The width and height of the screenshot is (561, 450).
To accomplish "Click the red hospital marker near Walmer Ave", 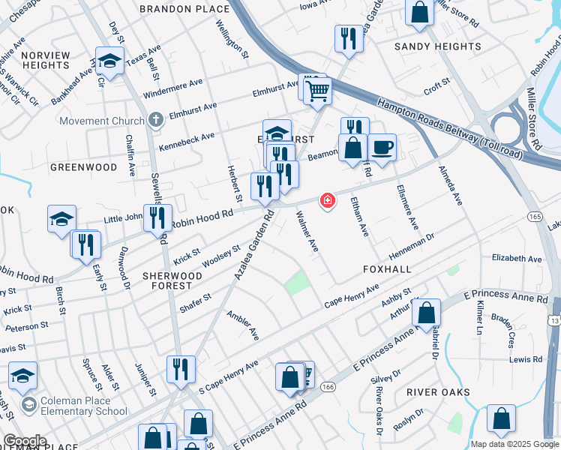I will tap(327, 200).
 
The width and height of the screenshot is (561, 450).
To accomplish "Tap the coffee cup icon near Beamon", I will tap(382, 146).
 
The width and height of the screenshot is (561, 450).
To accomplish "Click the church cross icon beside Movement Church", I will tap(155, 118).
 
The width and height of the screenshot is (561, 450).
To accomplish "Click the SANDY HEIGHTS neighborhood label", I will tap(438, 46).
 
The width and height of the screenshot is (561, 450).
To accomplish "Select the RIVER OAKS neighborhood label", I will tap(438, 392).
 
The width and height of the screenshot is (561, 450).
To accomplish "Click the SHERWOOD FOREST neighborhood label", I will tap(172, 280).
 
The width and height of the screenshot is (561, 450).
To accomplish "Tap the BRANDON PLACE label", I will tap(184, 8).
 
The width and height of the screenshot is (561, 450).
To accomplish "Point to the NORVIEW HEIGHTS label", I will tap(46, 60).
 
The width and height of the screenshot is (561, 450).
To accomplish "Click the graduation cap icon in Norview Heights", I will tap(110, 61).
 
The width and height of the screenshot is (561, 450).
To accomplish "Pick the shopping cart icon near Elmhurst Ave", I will tap(318, 90).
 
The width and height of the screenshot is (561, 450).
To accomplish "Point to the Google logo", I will tap(25, 441).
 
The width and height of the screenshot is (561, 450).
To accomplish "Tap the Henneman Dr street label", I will tap(411, 243).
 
